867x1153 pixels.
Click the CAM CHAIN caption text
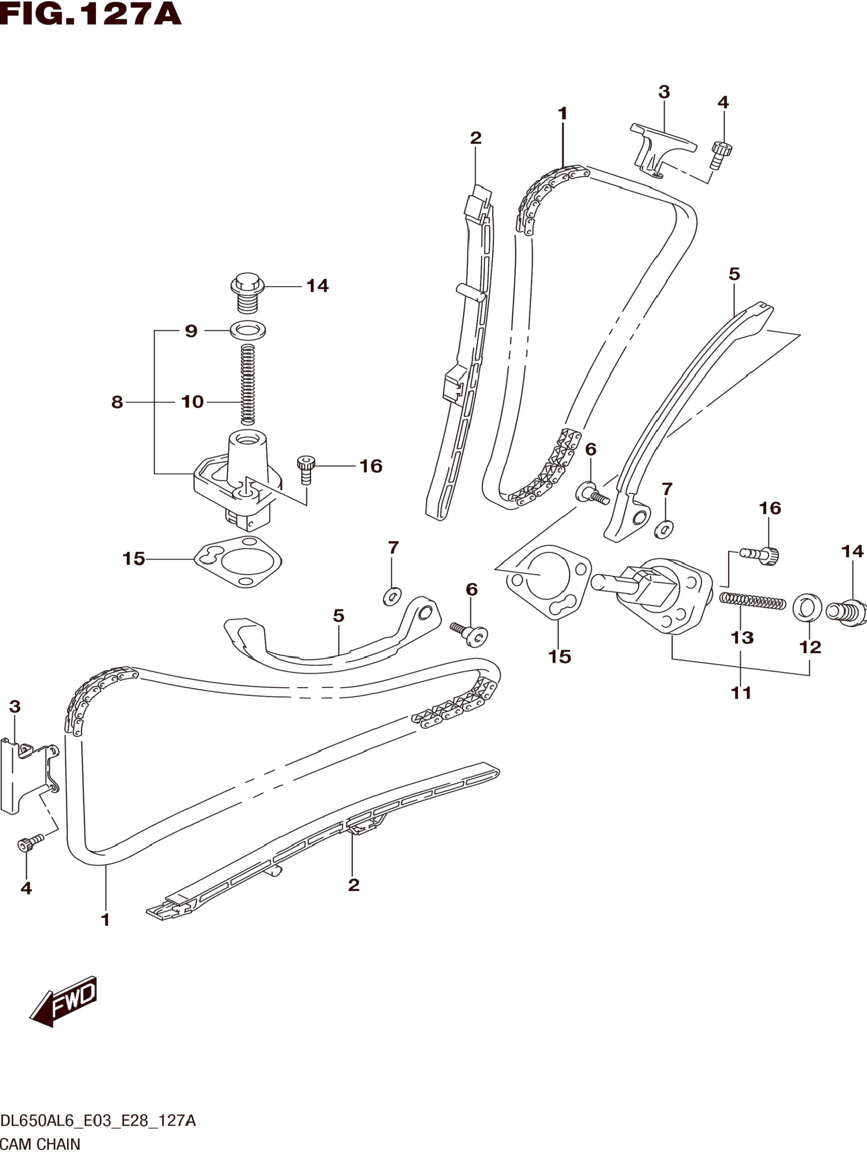pos(40,1144)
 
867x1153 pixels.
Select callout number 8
pos(117,402)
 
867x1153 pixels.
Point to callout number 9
pos(191,331)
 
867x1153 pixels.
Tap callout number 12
pos(810,647)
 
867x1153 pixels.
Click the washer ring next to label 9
pos(248,329)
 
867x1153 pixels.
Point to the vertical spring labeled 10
pos(248,385)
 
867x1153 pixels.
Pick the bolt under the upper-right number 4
pos(721,155)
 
